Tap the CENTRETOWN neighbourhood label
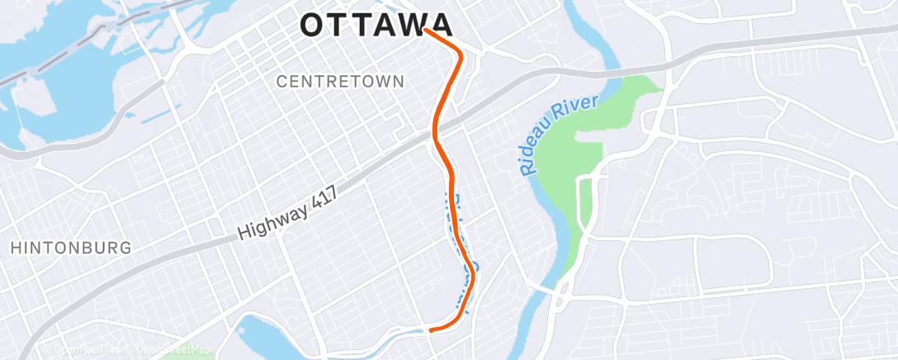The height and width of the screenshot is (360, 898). tap(340, 82)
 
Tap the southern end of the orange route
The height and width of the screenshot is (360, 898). tap(430, 330)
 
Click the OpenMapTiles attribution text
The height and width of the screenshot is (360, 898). tap(83, 350)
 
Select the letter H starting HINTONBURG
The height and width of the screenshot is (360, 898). tap(15, 248)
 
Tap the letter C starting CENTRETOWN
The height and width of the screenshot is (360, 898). tap(281, 82)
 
